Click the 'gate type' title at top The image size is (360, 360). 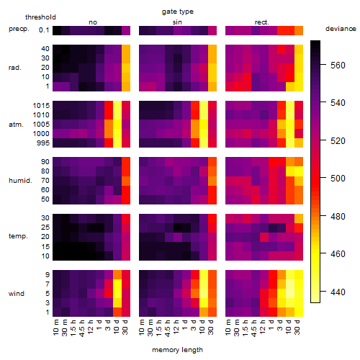[x=178, y=12]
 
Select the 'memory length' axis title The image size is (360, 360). [x=178, y=350]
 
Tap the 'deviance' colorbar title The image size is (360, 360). [x=341, y=29]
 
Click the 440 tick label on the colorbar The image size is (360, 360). [x=338, y=292]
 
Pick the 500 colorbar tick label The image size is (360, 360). [x=338, y=179]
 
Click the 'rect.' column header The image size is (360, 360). [x=262, y=22]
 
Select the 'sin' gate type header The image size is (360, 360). [x=177, y=22]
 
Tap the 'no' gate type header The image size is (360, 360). [x=93, y=22]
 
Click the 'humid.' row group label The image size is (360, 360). [x=20, y=181]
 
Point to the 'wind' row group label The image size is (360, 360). [x=17, y=294]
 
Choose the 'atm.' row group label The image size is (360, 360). [x=16, y=125]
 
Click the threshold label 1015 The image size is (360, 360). [x=41, y=106]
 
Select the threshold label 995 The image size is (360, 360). [x=43, y=143]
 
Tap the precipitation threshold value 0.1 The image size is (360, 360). [x=44, y=30]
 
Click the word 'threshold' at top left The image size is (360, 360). [x=40, y=17]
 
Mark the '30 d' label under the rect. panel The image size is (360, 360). [x=297, y=328]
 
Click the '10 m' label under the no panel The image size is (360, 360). [x=55, y=328]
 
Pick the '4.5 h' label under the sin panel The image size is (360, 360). [x=168, y=328]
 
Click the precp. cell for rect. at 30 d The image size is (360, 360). [x=299, y=30]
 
